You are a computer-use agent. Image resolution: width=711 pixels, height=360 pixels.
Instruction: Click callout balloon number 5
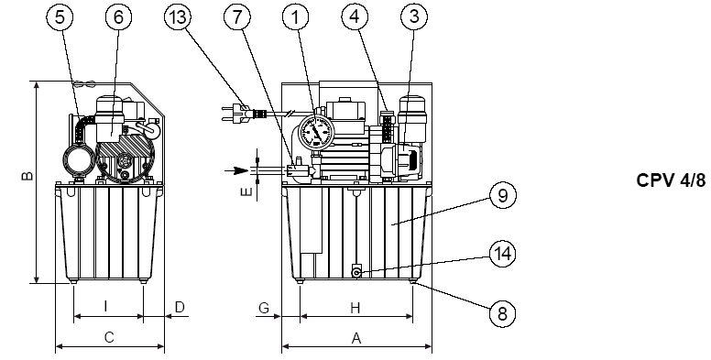[x=60, y=16]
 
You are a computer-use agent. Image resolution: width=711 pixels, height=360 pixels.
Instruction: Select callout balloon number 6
[x=118, y=16]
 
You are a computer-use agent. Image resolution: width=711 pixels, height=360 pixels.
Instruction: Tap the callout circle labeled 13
[x=178, y=16]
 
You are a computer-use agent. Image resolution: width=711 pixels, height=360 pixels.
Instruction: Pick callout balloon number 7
[x=236, y=16]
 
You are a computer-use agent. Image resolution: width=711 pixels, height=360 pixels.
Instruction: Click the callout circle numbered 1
[x=296, y=16]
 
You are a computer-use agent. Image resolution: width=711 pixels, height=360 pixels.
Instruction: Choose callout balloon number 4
[x=355, y=16]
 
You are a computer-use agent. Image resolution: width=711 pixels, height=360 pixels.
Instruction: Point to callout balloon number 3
[x=414, y=16]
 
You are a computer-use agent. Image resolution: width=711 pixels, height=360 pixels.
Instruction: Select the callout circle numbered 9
[x=502, y=195]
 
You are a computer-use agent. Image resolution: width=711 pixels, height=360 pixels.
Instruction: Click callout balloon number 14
[x=502, y=254]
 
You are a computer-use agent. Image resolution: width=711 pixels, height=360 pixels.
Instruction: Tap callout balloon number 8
[x=502, y=313]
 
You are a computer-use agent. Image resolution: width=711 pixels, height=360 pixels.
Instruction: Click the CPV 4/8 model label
[x=671, y=180]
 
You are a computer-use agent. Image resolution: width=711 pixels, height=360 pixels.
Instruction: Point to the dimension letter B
[x=27, y=176]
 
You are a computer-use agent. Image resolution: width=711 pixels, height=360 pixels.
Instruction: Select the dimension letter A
[x=356, y=338]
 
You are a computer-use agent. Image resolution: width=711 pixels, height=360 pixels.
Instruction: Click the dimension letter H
[x=355, y=309]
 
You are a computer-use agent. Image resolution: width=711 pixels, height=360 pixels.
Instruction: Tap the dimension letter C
[x=109, y=337]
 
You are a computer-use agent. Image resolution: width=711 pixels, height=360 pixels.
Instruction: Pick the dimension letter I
[x=105, y=307]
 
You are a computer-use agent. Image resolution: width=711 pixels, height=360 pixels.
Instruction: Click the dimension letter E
[x=246, y=192]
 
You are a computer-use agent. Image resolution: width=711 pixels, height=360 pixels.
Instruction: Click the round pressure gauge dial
[x=316, y=133]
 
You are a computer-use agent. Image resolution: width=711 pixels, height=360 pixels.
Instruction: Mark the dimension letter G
[x=264, y=308]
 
